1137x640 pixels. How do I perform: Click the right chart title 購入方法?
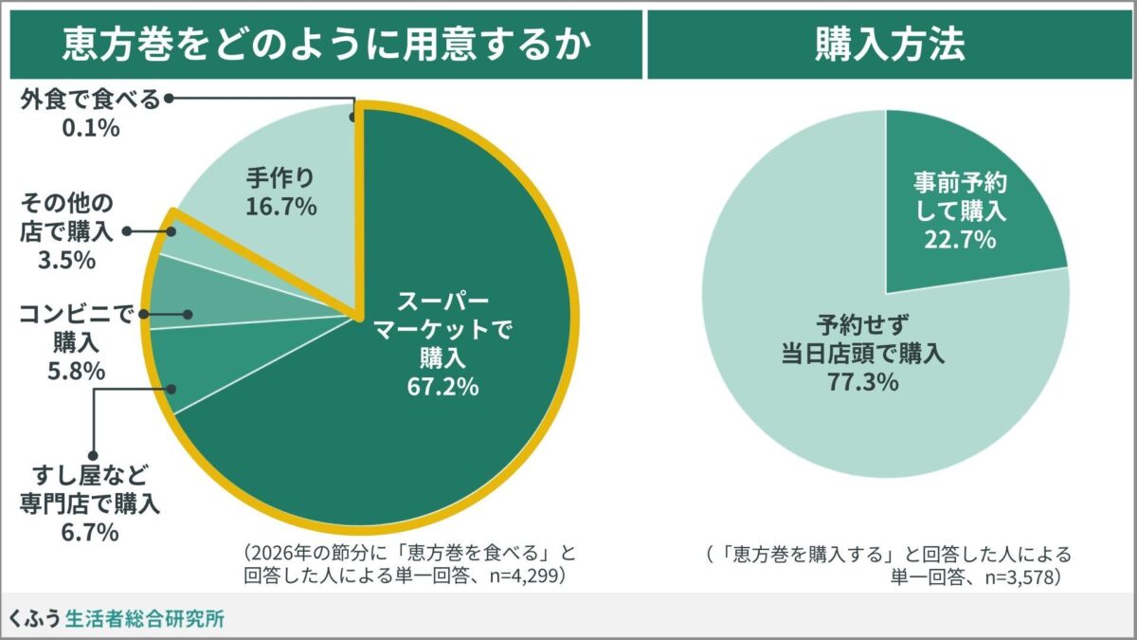890,44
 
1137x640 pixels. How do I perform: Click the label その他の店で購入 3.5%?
66,230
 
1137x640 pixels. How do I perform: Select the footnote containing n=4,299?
409,563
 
